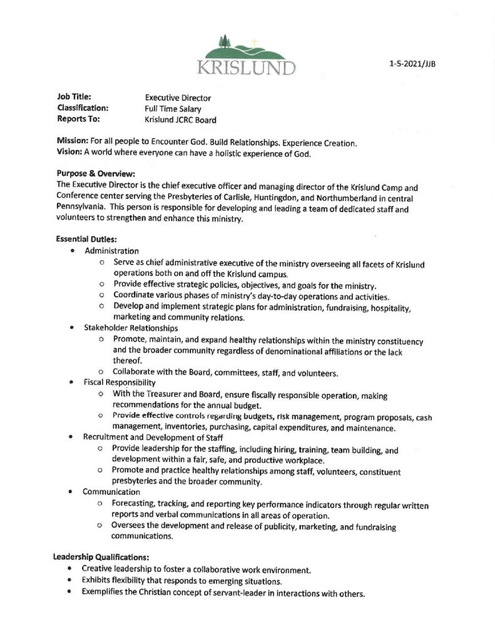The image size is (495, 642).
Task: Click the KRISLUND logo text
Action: [x=246, y=67]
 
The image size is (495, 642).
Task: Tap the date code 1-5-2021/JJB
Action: [x=412, y=64]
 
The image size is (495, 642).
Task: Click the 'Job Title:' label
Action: [x=75, y=97]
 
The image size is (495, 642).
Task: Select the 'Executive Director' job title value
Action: [x=178, y=98]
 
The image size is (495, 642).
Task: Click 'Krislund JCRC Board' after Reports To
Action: [x=180, y=120]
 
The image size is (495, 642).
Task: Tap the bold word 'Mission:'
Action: [x=73, y=143]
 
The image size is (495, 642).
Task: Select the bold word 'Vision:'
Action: [x=70, y=154]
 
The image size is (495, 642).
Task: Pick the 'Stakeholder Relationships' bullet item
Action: [x=131, y=328]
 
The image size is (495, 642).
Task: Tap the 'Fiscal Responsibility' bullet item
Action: [x=120, y=382]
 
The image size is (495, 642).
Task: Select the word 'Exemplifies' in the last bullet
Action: [x=104, y=593]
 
